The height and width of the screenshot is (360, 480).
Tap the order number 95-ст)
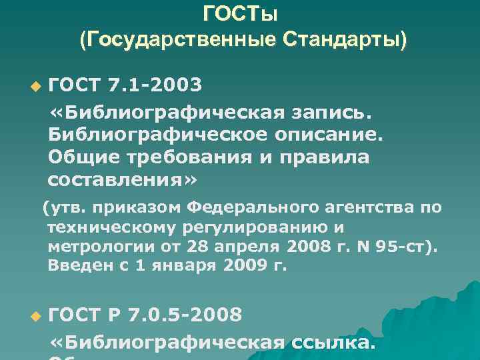pyautogui.click(x=411, y=247)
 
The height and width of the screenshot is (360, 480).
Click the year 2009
pyautogui.click(x=244, y=267)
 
